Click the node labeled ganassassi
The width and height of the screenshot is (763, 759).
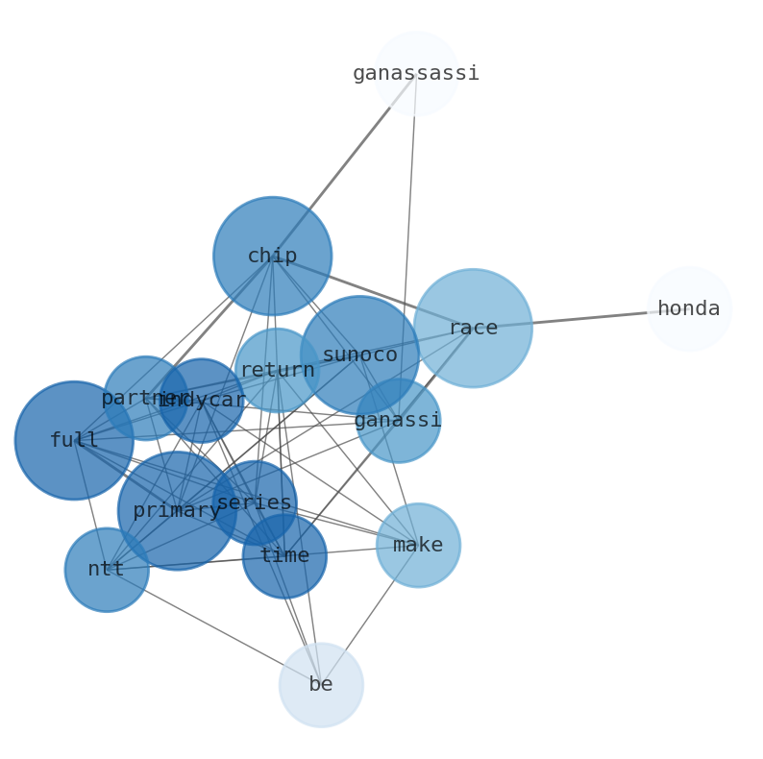click(x=415, y=73)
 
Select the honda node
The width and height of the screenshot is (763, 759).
click(x=688, y=308)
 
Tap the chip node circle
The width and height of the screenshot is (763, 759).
click(x=272, y=257)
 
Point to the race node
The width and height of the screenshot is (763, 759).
click(x=472, y=328)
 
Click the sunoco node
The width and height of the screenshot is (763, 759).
click(x=359, y=355)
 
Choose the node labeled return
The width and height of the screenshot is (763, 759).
click(x=277, y=370)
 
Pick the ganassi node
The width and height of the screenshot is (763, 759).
click(x=398, y=420)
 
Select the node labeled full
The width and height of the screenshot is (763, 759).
click(x=74, y=440)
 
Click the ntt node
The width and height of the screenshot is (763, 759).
click(x=107, y=569)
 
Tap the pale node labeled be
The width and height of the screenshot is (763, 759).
click(x=321, y=684)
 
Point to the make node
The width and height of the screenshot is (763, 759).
click(x=418, y=545)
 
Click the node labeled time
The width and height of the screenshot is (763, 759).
click(x=284, y=555)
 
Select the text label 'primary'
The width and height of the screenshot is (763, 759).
click(x=177, y=510)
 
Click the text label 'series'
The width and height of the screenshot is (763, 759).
click(x=254, y=502)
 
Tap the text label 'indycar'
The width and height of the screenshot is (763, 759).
click(x=203, y=400)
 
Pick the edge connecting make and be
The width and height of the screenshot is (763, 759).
click(x=370, y=614)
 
